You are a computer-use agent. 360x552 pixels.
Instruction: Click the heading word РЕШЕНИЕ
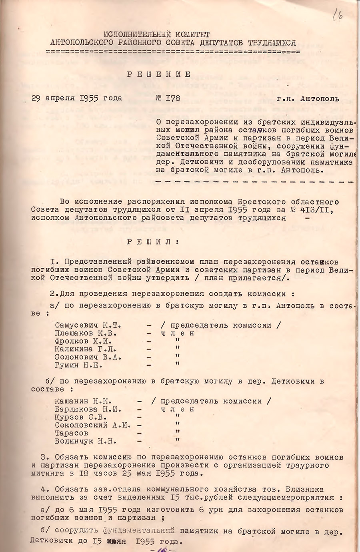[159, 74]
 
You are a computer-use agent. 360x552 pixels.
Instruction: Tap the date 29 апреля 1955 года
[77, 98]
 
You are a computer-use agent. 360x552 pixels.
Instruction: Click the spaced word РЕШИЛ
[153, 242]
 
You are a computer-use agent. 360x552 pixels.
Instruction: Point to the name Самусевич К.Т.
[88, 325]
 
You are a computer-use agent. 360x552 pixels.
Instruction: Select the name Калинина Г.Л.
[85, 349]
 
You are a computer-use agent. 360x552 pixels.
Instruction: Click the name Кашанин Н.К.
[83, 401]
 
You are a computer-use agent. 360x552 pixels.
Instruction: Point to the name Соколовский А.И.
[93, 425]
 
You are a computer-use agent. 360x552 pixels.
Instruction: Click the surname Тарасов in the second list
[72, 433]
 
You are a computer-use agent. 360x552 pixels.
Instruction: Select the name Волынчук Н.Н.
[85, 441]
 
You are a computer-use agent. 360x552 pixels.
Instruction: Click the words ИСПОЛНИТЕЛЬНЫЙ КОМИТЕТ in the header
[156, 35]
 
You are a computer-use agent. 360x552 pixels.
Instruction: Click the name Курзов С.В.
[79, 417]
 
